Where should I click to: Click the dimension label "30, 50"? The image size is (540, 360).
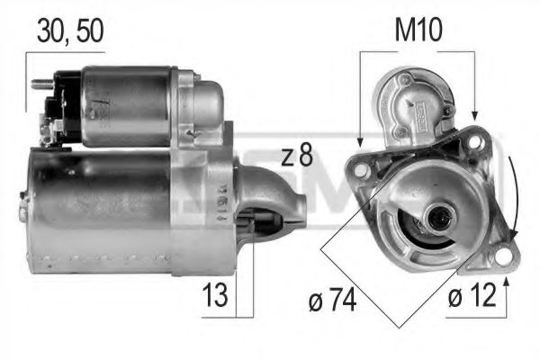click(70, 30)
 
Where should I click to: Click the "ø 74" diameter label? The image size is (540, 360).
click(330, 300)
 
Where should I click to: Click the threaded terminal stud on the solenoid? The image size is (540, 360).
click(39, 86)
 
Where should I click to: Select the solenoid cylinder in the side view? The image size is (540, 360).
click(126, 103)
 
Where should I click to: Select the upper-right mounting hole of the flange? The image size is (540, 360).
click(474, 144)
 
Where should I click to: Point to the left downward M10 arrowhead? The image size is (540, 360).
click(359, 142)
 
